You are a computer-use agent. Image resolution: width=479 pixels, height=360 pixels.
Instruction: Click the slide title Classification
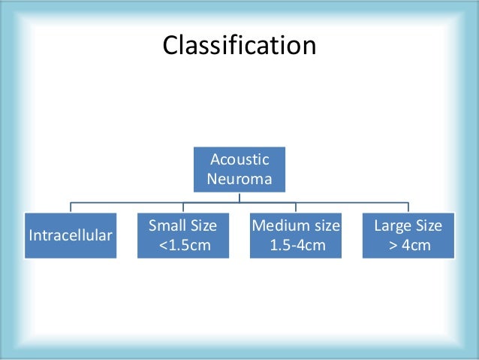(x=239, y=45)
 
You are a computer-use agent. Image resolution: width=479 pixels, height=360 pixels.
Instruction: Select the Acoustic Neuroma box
(x=239, y=170)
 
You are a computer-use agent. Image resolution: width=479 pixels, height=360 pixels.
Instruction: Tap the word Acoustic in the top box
(x=239, y=159)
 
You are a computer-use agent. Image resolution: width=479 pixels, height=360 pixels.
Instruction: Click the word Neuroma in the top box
(x=239, y=180)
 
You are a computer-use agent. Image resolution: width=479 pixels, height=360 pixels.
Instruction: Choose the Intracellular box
(x=71, y=236)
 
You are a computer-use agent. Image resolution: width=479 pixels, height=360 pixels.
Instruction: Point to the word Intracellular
(x=71, y=236)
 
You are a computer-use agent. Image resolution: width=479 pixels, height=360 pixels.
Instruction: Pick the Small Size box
(x=183, y=236)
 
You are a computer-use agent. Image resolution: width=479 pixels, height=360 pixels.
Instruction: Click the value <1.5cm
(x=183, y=247)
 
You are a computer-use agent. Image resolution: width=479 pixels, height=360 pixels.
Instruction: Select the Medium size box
(x=296, y=236)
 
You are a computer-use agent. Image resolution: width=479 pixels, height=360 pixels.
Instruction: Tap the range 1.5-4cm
(x=296, y=247)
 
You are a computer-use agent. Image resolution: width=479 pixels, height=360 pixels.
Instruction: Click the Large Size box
(x=408, y=236)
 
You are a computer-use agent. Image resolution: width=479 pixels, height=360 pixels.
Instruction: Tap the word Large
(x=392, y=225)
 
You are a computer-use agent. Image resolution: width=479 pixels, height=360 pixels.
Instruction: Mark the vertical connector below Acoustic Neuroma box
(x=239, y=198)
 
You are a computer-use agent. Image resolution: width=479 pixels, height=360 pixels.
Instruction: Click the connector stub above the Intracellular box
(x=71, y=207)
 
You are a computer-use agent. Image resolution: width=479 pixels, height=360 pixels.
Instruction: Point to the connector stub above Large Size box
(x=408, y=207)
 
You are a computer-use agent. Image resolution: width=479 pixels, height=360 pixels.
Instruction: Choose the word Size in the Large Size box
(x=427, y=225)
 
